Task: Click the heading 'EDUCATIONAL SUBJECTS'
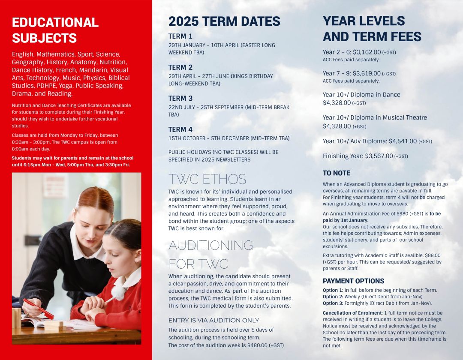click(55, 30)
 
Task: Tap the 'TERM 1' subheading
click(180, 36)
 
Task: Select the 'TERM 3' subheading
click(180, 99)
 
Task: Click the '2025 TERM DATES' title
click(224, 21)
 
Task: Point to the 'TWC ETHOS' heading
click(207, 179)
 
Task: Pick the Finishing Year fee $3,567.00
click(379, 156)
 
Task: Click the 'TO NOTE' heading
click(337, 173)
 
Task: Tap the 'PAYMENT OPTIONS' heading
click(353, 281)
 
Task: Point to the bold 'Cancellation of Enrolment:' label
click(352, 313)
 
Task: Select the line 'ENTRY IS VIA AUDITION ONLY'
click(213, 320)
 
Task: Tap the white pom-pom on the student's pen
click(117, 293)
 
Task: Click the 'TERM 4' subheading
click(180, 129)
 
